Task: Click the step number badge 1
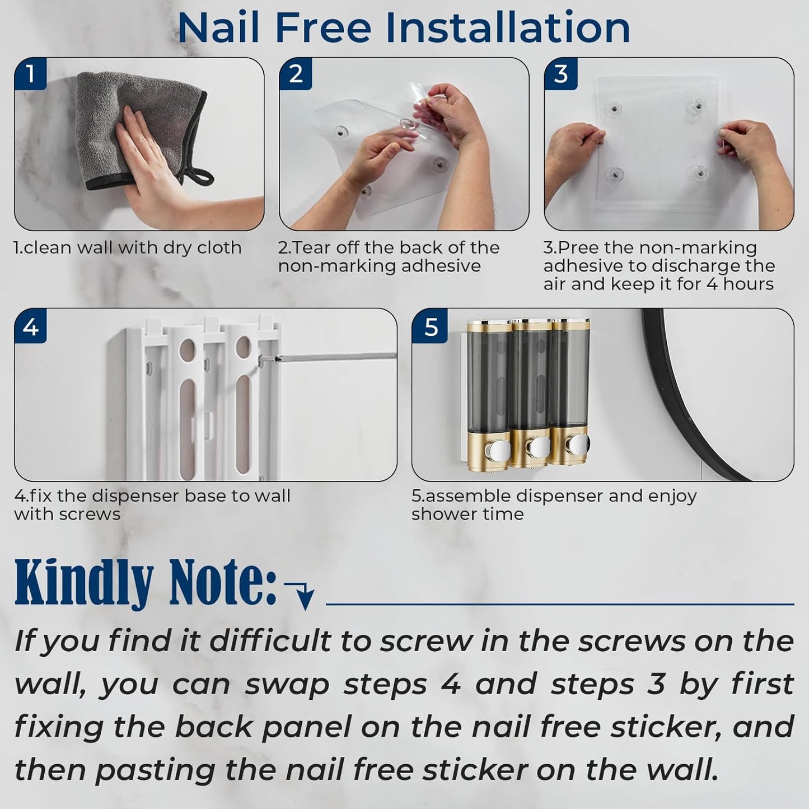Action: point(30,74)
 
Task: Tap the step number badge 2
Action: point(296,74)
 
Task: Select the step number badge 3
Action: point(560,74)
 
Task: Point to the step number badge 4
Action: point(30,326)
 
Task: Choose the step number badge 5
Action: point(430,326)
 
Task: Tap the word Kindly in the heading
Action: point(84,582)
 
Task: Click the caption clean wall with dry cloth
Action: point(128,247)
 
